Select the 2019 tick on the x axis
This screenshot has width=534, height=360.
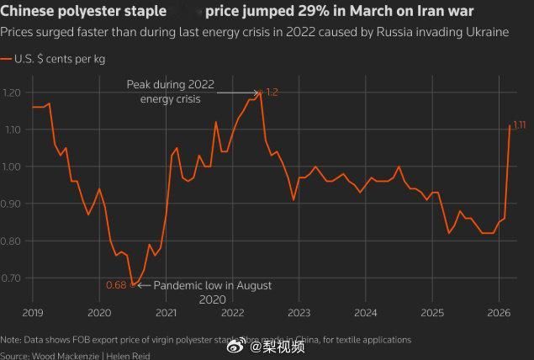(x=33, y=313)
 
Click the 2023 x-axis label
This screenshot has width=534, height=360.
(x=299, y=313)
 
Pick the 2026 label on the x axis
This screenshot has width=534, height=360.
(x=499, y=313)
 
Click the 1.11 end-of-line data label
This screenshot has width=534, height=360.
(x=519, y=125)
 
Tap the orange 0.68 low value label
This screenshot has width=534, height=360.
(x=116, y=285)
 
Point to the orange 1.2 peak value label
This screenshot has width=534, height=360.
(x=272, y=91)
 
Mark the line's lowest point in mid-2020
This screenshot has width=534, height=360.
(x=133, y=285)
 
